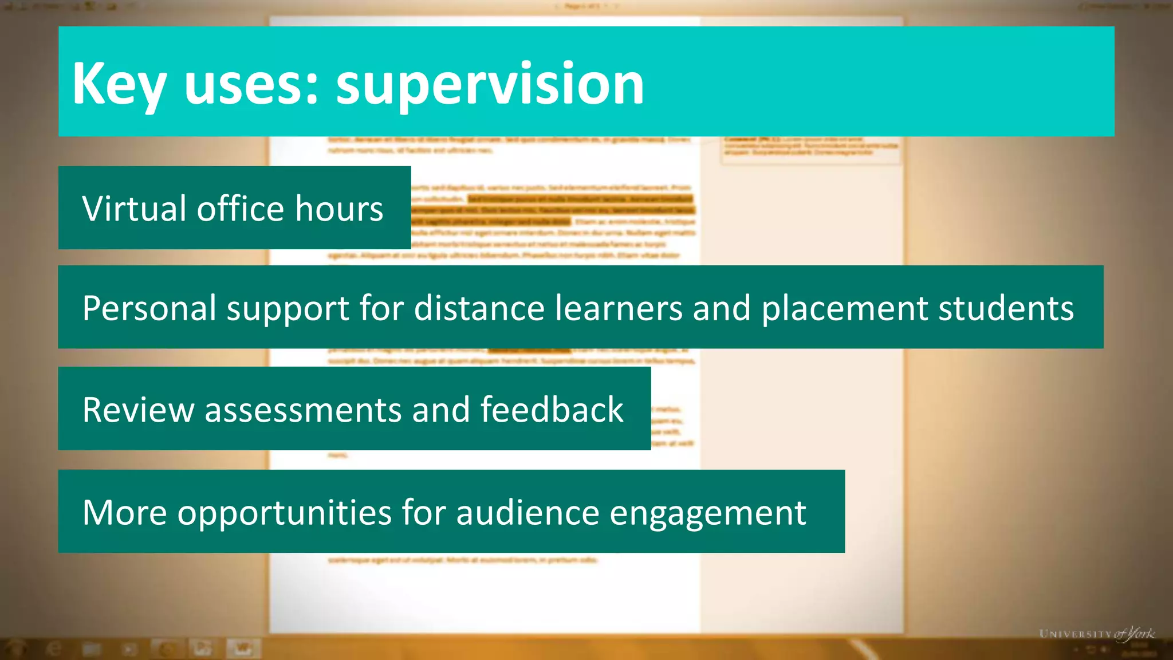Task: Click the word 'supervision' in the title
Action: coord(490,84)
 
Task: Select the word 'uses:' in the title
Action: coord(251,84)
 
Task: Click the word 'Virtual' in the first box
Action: coord(134,209)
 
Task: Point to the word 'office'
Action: coord(241,209)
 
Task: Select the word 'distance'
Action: coord(479,308)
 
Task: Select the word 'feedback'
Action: coord(552,410)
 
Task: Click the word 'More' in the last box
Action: coord(125,512)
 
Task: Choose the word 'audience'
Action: coord(528,512)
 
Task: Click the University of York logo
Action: coord(1096,634)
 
